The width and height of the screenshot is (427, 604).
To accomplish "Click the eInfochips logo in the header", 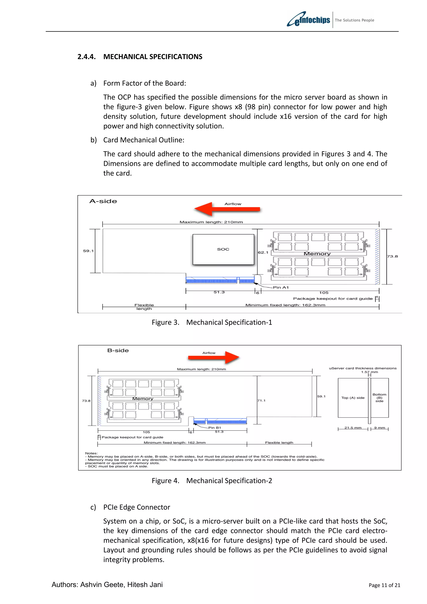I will (x=308, y=19).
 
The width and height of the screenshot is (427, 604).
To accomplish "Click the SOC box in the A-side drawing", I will (x=223, y=249).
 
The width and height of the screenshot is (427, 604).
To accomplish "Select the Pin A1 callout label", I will (x=281, y=287).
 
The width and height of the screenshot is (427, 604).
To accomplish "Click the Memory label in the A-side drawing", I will (x=317, y=254).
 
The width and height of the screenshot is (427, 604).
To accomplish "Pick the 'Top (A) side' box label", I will (x=353, y=398).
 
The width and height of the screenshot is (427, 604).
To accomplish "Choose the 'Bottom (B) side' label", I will (x=379, y=398).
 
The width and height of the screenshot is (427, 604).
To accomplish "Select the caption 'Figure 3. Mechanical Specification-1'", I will (x=212, y=322).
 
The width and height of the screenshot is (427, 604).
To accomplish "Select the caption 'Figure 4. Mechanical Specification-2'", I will (x=212, y=481).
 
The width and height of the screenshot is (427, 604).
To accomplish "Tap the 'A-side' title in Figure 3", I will (x=103, y=201).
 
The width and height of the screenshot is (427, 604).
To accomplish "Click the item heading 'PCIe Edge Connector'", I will (x=137, y=507).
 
